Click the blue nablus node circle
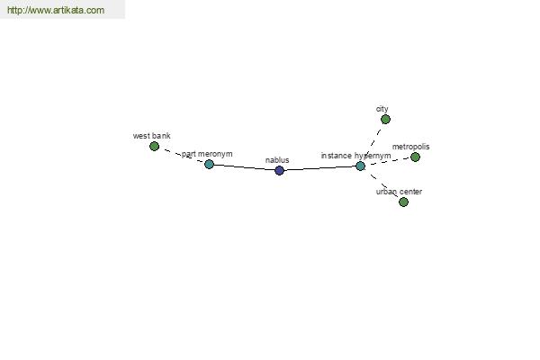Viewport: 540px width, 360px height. click(x=279, y=170)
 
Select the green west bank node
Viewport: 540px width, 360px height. click(x=154, y=147)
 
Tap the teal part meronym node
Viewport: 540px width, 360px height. click(x=209, y=165)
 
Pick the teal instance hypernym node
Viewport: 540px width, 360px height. click(x=360, y=166)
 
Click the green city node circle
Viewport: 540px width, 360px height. click(x=385, y=119)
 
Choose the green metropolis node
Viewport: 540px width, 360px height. click(x=415, y=157)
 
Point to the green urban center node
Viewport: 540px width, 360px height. click(x=403, y=202)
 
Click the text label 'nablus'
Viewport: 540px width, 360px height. click(x=277, y=160)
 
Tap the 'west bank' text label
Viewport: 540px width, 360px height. click(x=151, y=136)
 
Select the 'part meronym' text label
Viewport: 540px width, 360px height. click(x=207, y=154)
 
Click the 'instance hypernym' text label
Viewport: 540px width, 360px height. click(x=355, y=156)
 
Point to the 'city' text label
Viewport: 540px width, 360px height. click(x=382, y=109)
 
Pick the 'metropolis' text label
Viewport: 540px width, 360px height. click(x=411, y=147)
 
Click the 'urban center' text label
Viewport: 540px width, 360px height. click(x=399, y=192)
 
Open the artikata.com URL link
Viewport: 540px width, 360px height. click(x=56, y=10)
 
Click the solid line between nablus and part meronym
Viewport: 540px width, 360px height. click(x=244, y=167)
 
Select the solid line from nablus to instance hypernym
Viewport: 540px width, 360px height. click(x=319, y=167)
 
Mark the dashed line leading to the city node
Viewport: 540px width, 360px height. click(x=373, y=141)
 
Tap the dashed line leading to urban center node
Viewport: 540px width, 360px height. click(x=383, y=185)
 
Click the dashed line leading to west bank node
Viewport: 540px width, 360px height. click(x=183, y=156)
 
